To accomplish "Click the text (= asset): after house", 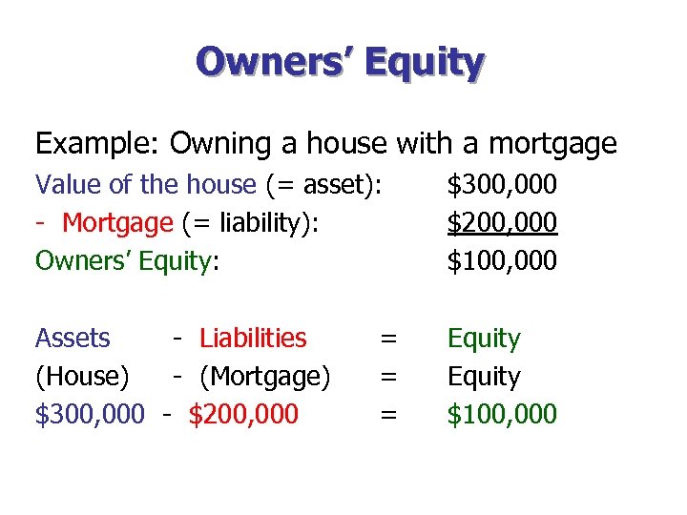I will pyautogui.click(x=329, y=184).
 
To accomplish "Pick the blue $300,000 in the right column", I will pyautogui.click(x=502, y=184).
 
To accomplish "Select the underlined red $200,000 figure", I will pyautogui.click(x=502, y=222).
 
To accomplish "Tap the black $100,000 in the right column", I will pyautogui.click(x=502, y=260).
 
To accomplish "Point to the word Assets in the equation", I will pyautogui.click(x=73, y=339).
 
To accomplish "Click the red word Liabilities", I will pyautogui.click(x=253, y=339).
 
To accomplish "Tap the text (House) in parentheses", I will pyautogui.click(x=82, y=377).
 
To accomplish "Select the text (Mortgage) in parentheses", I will pyautogui.click(x=264, y=377).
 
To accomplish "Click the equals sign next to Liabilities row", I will pyautogui.click(x=388, y=339).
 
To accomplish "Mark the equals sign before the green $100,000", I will pyautogui.click(x=388, y=415).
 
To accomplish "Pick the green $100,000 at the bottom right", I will pyautogui.click(x=502, y=415).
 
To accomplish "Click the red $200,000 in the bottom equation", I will pyautogui.click(x=243, y=415).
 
